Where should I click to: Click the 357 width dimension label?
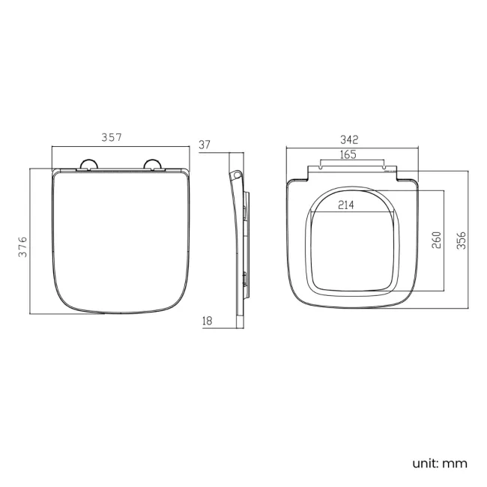[x=111, y=137]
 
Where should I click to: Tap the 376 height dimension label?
[x=22, y=247]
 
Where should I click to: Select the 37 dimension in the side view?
[x=205, y=145]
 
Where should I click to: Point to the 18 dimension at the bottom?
[x=208, y=321]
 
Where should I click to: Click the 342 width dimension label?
[x=349, y=139]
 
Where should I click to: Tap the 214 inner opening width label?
[x=346, y=205]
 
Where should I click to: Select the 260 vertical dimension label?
[x=437, y=240]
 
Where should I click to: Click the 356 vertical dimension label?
[x=462, y=240]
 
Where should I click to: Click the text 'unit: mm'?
[x=439, y=463]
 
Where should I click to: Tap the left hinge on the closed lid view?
[x=88, y=166]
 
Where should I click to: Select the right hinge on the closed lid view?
[x=154, y=166]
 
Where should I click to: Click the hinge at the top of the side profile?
[x=236, y=175]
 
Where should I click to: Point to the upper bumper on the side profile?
[x=245, y=214]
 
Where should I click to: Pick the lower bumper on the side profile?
[x=245, y=279]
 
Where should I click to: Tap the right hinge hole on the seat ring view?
[x=387, y=169]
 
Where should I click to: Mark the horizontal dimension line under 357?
[x=120, y=148]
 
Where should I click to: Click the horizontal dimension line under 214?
[x=352, y=213]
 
